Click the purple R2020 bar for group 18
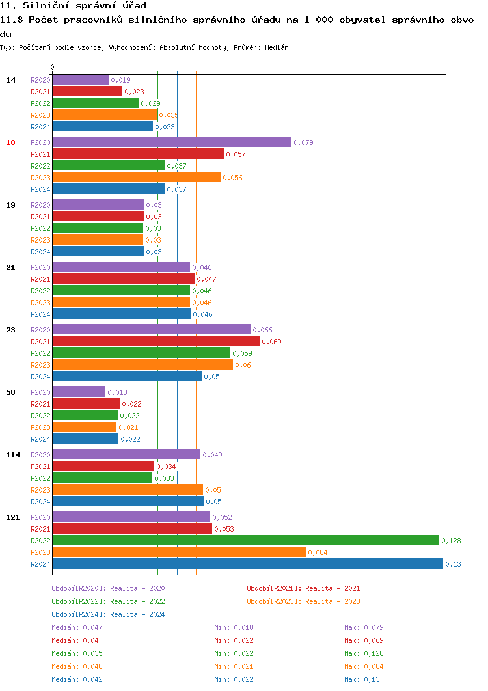tap(172, 142)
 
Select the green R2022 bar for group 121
tap(246, 540)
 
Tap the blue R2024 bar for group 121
tap(248, 563)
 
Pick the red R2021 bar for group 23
tap(156, 341)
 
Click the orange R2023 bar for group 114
tap(128, 489)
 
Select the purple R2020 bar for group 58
tap(79, 392)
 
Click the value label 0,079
tap(303, 142)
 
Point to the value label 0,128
tap(451, 541)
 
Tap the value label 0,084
tap(318, 552)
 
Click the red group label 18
tap(10, 142)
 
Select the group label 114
tap(13, 455)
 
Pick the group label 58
tap(10, 392)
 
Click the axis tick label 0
tap(53, 67)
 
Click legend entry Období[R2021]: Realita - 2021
tap(303, 588)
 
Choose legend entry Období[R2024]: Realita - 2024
tap(108, 614)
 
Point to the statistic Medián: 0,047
tap(77, 627)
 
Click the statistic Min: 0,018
tap(234, 627)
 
